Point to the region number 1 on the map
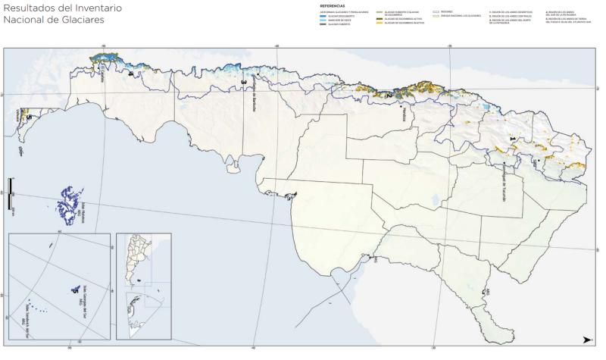[514, 139]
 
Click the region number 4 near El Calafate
[130, 74]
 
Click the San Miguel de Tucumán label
[504, 177]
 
